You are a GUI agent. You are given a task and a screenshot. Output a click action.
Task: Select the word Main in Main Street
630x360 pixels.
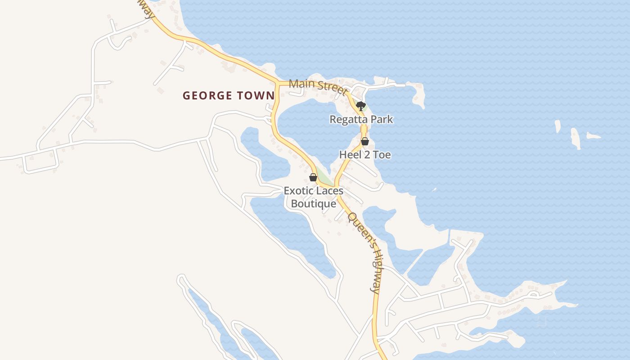coord(300,84)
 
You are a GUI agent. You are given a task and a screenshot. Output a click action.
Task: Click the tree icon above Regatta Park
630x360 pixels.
coord(360,106)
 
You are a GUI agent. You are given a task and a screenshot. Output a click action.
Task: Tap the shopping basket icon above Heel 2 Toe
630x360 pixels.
coord(365,141)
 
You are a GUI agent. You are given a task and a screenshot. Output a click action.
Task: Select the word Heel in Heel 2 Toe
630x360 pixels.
coord(350,155)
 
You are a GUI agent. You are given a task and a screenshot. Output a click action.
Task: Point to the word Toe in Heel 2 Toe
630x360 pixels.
coord(381,155)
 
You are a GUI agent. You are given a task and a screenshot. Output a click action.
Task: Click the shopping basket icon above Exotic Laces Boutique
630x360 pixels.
coord(313,177)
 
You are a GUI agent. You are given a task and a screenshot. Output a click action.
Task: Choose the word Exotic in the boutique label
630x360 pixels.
coord(297,191)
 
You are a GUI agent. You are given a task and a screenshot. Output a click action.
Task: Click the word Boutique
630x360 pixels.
coord(314,204)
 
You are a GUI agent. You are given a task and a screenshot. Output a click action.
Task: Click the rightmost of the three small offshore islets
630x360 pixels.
coord(594,136)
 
